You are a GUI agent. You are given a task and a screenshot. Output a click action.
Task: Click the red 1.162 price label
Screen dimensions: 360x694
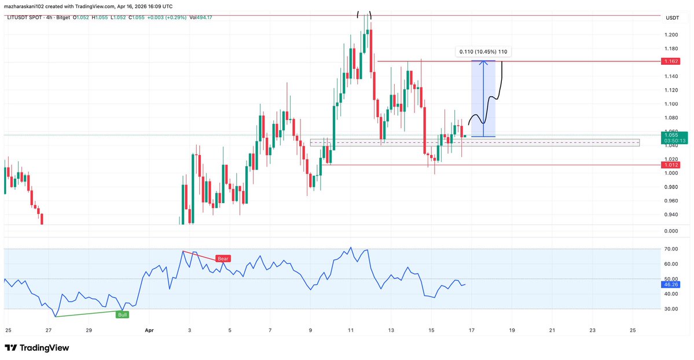point(672,61)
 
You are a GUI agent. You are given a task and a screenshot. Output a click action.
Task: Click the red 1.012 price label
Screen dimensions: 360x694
point(672,165)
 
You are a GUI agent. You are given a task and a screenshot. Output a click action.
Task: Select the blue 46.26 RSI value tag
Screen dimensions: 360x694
point(672,284)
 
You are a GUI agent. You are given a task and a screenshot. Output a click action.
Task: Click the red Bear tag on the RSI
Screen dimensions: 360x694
point(223,259)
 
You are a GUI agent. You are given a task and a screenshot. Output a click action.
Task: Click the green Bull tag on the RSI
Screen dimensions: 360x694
point(122,315)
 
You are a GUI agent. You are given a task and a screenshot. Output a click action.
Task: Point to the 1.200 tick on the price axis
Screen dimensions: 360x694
point(671,35)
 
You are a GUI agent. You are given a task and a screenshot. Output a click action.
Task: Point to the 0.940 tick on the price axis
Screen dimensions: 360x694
point(671,215)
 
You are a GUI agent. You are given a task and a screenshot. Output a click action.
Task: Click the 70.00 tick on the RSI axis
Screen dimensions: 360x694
point(671,249)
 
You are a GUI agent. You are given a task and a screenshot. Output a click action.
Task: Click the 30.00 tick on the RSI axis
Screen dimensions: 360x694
point(671,309)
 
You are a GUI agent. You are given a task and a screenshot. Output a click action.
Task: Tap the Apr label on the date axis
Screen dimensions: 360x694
point(149,330)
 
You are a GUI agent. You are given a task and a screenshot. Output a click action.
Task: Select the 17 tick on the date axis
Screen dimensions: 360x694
point(472,330)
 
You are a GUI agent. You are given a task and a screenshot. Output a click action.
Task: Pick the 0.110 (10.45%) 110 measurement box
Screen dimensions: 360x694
point(483,52)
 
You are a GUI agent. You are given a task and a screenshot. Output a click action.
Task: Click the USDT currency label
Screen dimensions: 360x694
point(672,18)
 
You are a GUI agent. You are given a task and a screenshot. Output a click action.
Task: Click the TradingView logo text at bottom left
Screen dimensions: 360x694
point(44,348)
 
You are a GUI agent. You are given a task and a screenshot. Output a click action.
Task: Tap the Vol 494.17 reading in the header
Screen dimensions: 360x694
point(201,17)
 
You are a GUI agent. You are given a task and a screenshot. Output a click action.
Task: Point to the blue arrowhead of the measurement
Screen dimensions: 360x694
point(483,62)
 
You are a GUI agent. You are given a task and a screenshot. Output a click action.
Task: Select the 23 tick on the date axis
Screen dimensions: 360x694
point(592,330)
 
